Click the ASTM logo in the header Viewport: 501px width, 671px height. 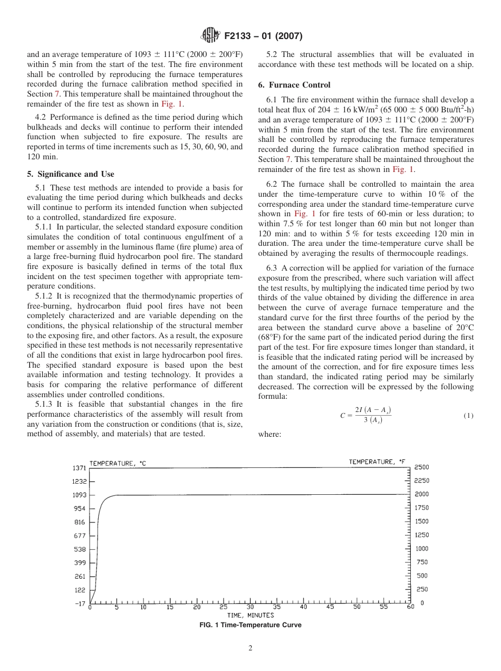click(211, 36)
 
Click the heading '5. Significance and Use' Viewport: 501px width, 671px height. click(70, 174)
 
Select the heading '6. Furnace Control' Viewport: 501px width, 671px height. click(294, 85)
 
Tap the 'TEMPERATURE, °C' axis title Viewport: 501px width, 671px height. click(118, 463)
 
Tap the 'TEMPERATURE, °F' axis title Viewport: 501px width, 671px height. click(379, 462)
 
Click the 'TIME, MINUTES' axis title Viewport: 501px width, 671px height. click(250, 615)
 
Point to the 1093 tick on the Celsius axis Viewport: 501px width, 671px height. click(79, 495)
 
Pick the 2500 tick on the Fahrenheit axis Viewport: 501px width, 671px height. click(421, 467)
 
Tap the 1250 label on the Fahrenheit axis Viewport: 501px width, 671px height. click(421, 535)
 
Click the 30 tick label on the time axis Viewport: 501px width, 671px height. click(250, 607)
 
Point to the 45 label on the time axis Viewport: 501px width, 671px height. click(330, 607)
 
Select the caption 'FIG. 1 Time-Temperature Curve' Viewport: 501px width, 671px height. click(250, 625)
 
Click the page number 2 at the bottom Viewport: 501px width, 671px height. click(250, 648)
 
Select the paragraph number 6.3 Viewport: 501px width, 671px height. click(273, 267)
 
